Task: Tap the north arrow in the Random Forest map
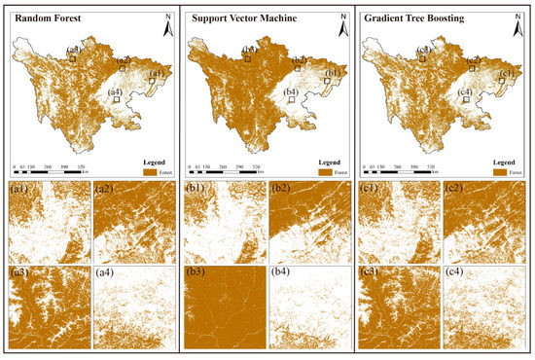[166, 28]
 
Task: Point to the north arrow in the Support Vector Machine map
[343, 28]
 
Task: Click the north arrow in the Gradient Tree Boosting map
[519, 28]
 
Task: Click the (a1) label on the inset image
[20, 190]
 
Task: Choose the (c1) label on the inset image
[373, 190]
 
